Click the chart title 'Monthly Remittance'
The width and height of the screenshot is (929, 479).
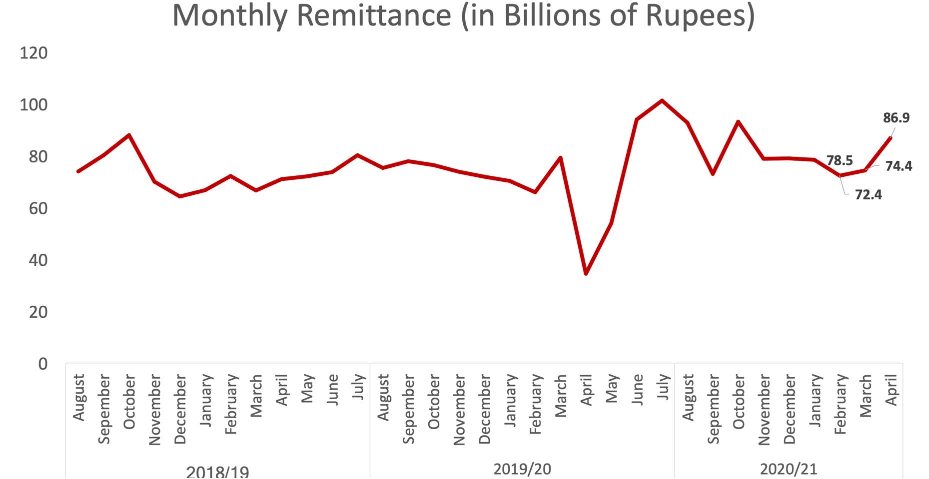(x=463, y=15)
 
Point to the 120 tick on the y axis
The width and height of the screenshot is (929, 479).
(x=34, y=53)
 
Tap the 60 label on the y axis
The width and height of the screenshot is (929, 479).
(x=38, y=208)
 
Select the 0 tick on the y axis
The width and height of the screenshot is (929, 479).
(x=43, y=364)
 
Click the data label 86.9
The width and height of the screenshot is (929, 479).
(x=896, y=118)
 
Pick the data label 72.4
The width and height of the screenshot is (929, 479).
(x=868, y=195)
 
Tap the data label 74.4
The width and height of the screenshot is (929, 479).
(x=898, y=166)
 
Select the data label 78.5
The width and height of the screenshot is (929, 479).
(x=839, y=161)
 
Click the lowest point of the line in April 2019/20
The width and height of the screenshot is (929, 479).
(x=586, y=273)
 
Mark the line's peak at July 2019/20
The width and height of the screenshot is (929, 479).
(x=662, y=100)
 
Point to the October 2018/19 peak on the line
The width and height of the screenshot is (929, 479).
(x=129, y=135)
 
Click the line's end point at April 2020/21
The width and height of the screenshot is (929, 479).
(x=890, y=138)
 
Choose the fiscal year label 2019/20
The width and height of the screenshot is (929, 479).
(x=522, y=469)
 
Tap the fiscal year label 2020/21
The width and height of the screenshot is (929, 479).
(x=788, y=469)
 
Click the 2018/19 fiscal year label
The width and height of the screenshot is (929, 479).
(x=217, y=472)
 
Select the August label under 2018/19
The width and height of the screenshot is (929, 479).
(x=79, y=397)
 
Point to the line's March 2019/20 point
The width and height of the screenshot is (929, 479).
(x=560, y=158)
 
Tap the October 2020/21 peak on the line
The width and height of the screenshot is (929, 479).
(x=738, y=121)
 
